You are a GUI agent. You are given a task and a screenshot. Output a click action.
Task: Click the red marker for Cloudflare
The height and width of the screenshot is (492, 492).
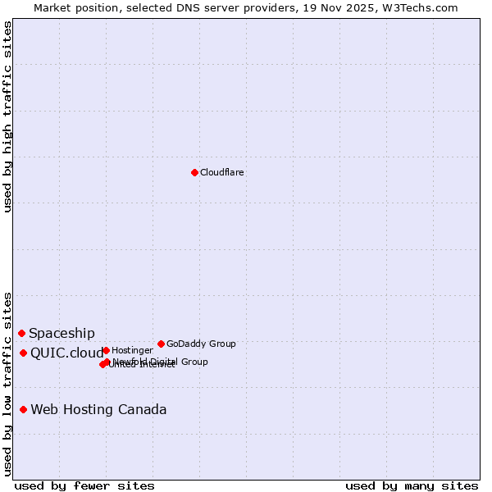(x=194, y=172)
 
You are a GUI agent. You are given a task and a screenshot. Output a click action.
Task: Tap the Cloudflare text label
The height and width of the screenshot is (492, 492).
(x=221, y=172)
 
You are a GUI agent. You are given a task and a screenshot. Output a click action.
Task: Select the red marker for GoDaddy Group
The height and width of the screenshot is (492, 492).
(x=161, y=344)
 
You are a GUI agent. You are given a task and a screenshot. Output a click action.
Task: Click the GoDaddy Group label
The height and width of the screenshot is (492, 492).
(x=201, y=344)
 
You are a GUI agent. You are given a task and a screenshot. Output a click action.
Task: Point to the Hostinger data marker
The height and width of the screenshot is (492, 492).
(x=106, y=350)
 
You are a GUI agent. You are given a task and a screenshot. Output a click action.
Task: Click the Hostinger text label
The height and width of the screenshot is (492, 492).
(x=132, y=350)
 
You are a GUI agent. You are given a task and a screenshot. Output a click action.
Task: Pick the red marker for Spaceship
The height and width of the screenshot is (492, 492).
(x=21, y=333)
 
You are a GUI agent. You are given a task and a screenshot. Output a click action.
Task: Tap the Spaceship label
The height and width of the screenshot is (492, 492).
(x=61, y=333)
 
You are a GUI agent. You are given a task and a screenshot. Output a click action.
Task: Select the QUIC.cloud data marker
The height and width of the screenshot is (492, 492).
(x=23, y=353)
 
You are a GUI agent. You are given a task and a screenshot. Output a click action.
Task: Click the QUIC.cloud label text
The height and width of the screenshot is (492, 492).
(x=67, y=353)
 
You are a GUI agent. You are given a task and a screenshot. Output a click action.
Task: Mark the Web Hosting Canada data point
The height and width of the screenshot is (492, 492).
(x=23, y=409)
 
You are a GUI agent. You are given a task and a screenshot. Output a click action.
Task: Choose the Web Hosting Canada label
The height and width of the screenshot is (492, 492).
(x=98, y=409)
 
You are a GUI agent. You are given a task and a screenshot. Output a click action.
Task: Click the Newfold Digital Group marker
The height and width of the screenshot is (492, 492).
(x=107, y=362)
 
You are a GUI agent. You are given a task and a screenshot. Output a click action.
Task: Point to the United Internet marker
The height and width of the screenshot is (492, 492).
(x=102, y=364)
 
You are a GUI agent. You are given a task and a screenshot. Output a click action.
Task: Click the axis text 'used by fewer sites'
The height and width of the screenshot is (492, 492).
(x=84, y=485)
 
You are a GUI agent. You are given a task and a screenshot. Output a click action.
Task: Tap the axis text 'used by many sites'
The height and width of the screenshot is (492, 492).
(x=411, y=485)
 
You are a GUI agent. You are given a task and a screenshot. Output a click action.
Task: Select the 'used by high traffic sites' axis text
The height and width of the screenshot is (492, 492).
(x=7, y=116)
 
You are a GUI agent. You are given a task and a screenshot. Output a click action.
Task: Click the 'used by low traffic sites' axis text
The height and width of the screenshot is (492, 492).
(x=7, y=383)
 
